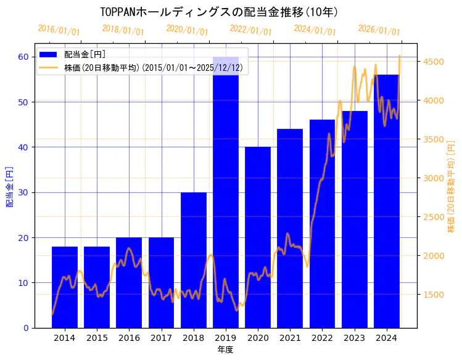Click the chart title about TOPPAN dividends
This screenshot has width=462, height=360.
click(219, 12)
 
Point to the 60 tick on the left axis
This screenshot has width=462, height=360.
click(23, 57)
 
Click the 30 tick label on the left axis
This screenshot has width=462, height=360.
click(23, 192)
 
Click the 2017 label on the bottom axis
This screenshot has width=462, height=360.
click(161, 338)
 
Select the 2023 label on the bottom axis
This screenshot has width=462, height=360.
click(355, 338)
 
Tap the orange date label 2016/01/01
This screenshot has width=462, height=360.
click(59, 30)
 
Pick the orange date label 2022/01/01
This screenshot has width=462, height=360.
click(250, 30)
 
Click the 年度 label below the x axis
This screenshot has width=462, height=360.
click(225, 350)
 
